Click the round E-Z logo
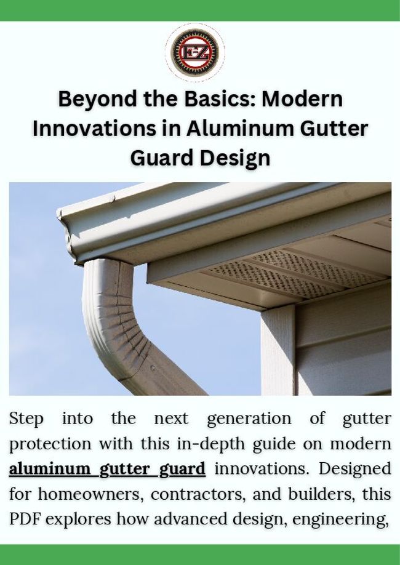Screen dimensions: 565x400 [x=195, y=51]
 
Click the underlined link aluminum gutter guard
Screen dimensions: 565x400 [x=107, y=469]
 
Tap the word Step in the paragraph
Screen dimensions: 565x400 [x=26, y=419]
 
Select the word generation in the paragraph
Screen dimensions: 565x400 [x=249, y=419]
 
